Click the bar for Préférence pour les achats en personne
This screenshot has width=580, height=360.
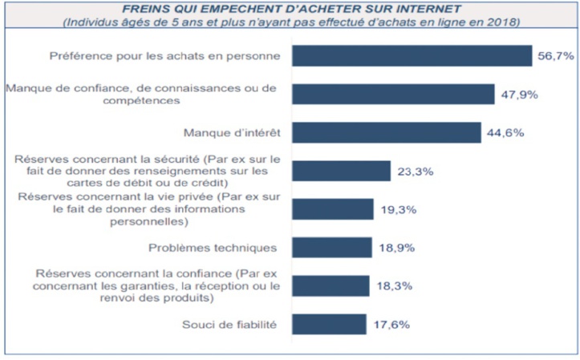(x=412, y=55)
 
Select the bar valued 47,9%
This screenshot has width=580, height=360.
(x=392, y=95)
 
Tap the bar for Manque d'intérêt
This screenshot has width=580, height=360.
(x=386, y=132)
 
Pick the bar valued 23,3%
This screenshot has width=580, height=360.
(x=341, y=171)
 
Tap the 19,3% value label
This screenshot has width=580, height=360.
(x=397, y=209)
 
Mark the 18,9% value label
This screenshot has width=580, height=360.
(x=395, y=248)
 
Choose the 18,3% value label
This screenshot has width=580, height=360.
(x=393, y=286)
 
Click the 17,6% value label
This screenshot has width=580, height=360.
(x=392, y=325)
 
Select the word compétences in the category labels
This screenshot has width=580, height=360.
(x=145, y=101)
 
